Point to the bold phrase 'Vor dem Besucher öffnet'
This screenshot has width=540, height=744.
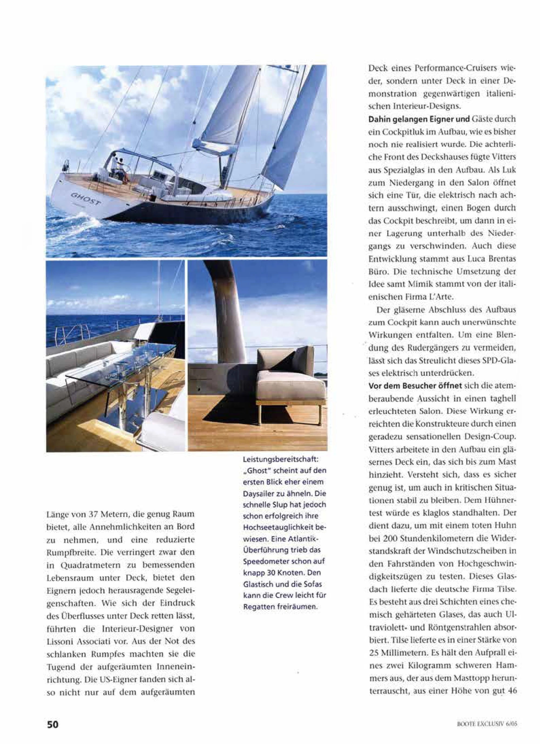416,386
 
